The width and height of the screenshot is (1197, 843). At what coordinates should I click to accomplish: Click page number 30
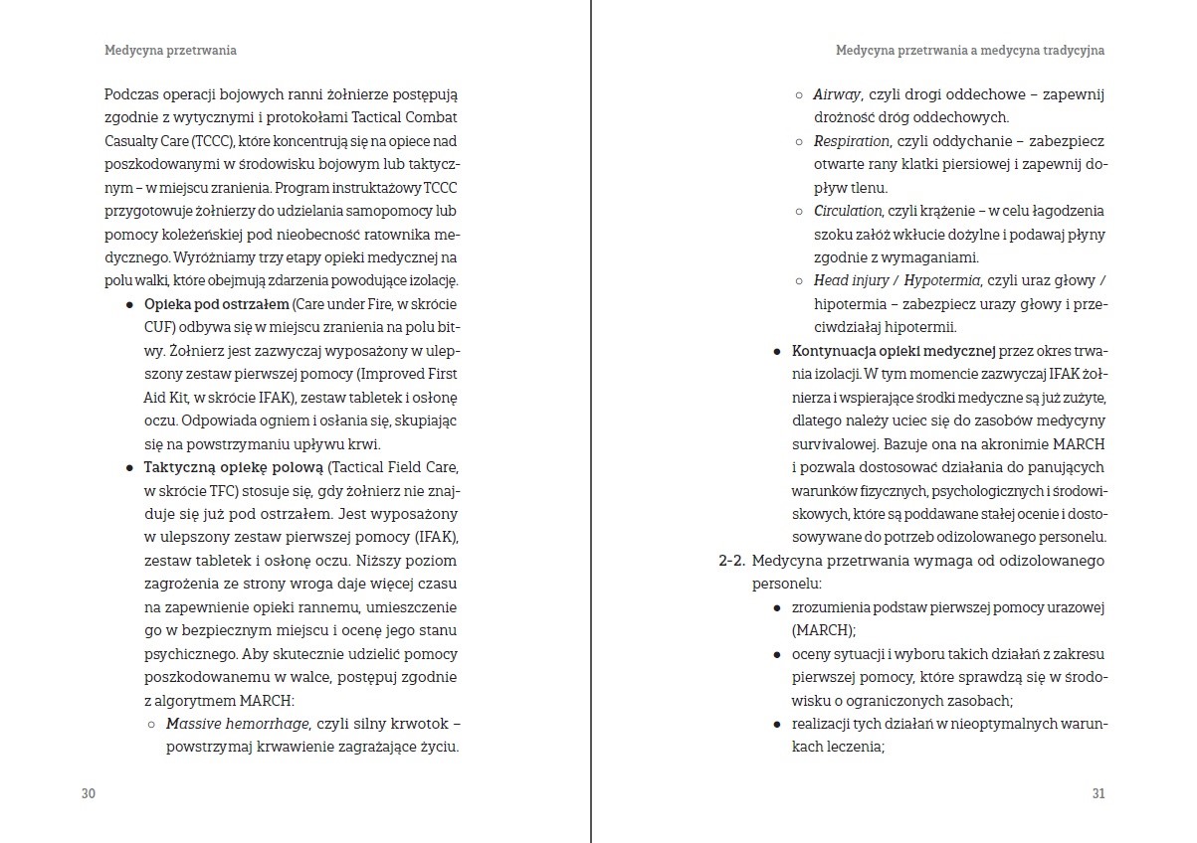point(88,793)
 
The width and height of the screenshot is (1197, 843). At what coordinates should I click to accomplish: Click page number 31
point(1098,793)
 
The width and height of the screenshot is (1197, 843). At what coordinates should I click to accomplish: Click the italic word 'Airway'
point(837,94)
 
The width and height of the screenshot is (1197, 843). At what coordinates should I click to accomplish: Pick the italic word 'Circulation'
point(848,211)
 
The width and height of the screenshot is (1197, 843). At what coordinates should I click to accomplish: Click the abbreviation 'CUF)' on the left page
point(160,327)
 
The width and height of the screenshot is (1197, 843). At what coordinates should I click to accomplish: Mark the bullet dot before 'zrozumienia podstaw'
point(777,607)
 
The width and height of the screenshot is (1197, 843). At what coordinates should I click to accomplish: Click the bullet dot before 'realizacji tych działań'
point(777,724)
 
